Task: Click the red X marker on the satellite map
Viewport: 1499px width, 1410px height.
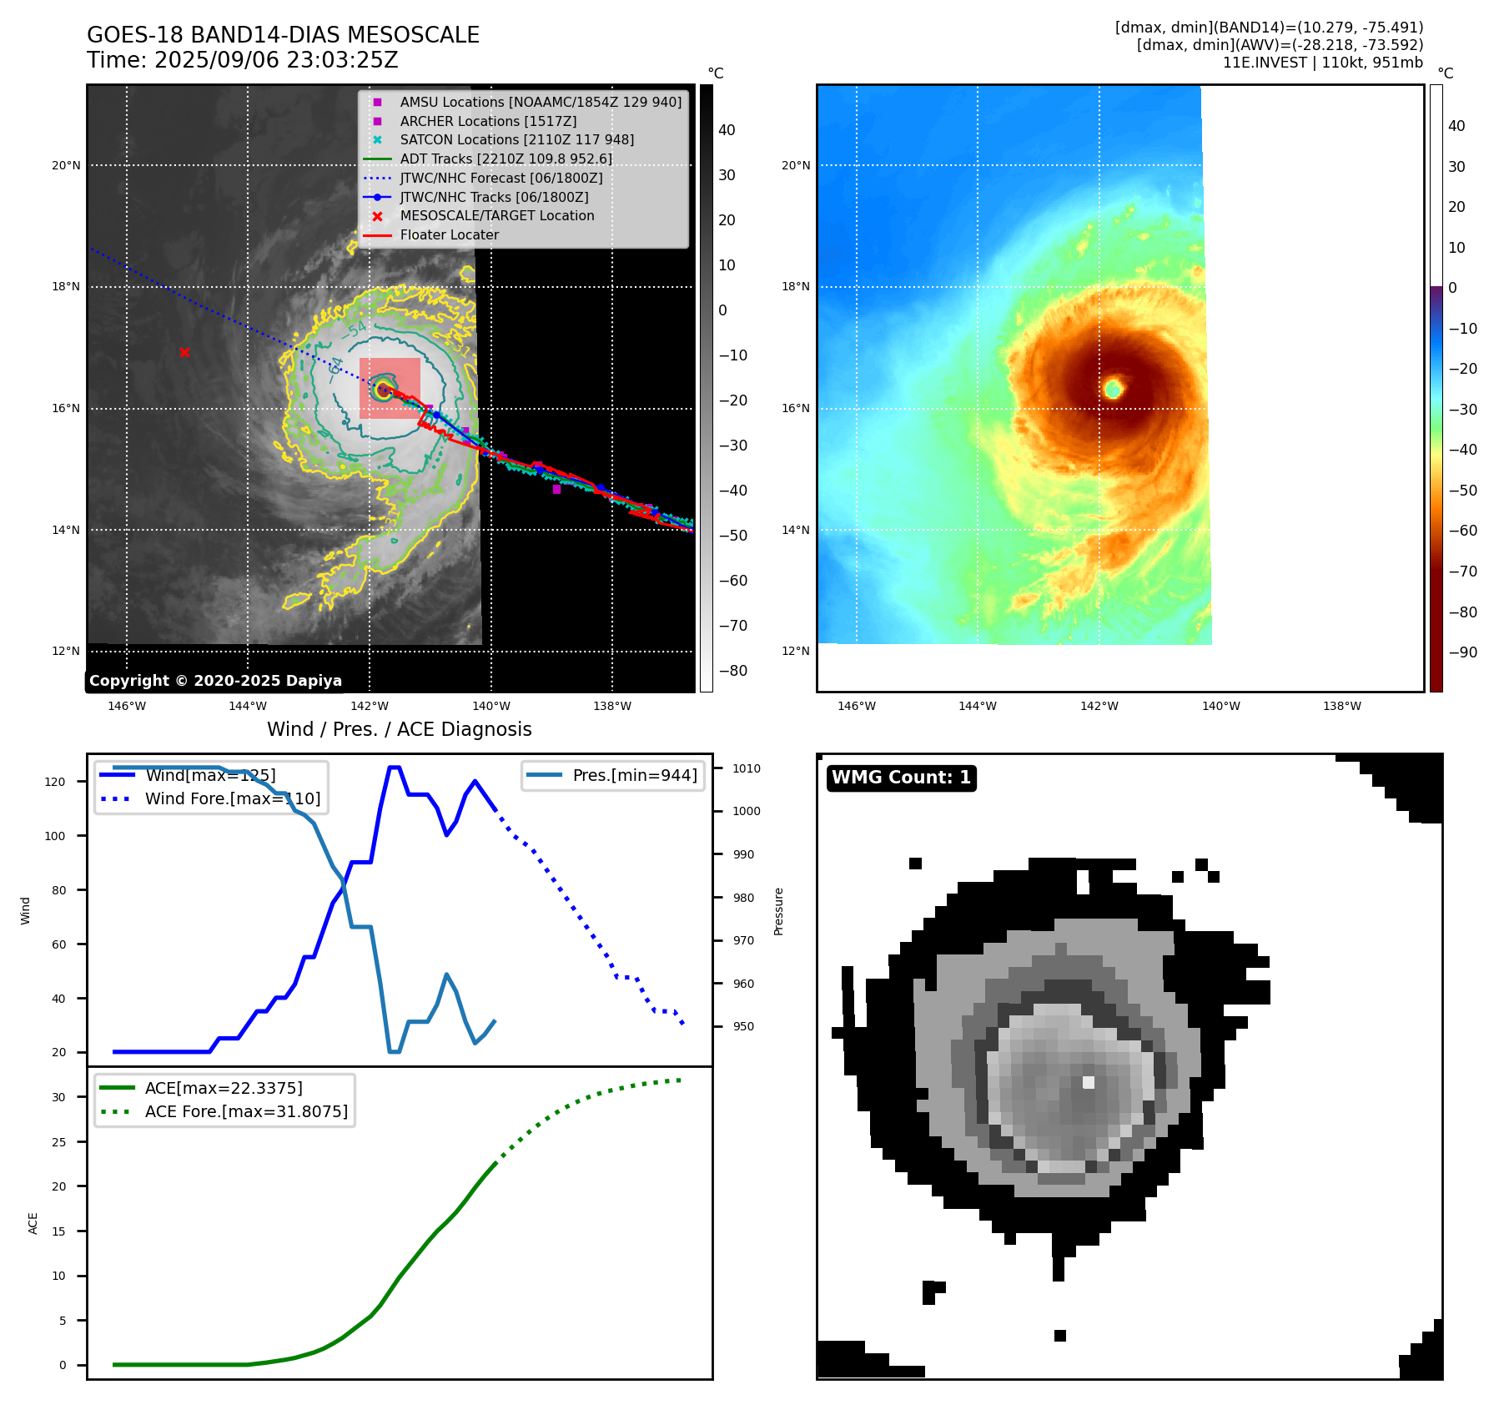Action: click(184, 353)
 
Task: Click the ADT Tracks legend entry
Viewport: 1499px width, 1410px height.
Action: click(506, 159)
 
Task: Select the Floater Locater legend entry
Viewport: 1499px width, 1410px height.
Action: click(449, 235)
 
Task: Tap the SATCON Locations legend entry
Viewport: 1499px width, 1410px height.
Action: click(516, 140)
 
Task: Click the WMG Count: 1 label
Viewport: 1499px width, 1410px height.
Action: click(901, 778)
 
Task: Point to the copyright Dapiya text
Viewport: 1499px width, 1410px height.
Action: click(215, 681)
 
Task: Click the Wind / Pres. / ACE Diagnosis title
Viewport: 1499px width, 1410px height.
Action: click(399, 729)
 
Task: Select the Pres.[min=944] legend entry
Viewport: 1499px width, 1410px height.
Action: click(634, 775)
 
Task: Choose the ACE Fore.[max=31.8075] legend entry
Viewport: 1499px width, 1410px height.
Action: click(245, 1111)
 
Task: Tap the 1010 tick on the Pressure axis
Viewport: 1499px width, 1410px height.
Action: click(747, 768)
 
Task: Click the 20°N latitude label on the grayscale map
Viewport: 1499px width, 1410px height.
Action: click(66, 165)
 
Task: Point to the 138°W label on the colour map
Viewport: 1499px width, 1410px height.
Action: click(1341, 706)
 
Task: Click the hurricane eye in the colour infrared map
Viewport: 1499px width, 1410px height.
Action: click(1113, 388)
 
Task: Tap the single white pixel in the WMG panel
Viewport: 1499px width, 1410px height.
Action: click(1088, 1082)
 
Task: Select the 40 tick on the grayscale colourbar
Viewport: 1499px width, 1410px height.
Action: click(727, 130)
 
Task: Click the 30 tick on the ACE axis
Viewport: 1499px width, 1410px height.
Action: click(58, 1097)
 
